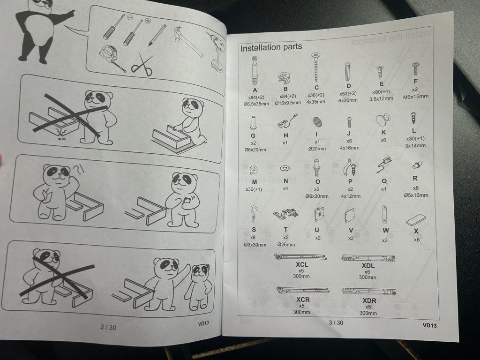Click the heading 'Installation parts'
point(271,47)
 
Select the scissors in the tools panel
point(142,65)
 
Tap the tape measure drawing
point(112,59)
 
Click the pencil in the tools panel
point(157,35)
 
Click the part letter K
point(383,133)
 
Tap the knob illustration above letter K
point(382,120)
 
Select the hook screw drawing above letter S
point(254,214)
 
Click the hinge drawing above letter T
point(285,213)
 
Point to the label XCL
point(302,264)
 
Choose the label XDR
point(369,300)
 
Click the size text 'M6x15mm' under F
point(416,97)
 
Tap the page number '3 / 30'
point(336,322)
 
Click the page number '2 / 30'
point(108,327)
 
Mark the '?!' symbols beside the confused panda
point(79,169)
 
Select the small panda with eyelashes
point(198,287)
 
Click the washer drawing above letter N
point(285,168)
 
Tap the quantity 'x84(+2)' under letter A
point(256,97)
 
